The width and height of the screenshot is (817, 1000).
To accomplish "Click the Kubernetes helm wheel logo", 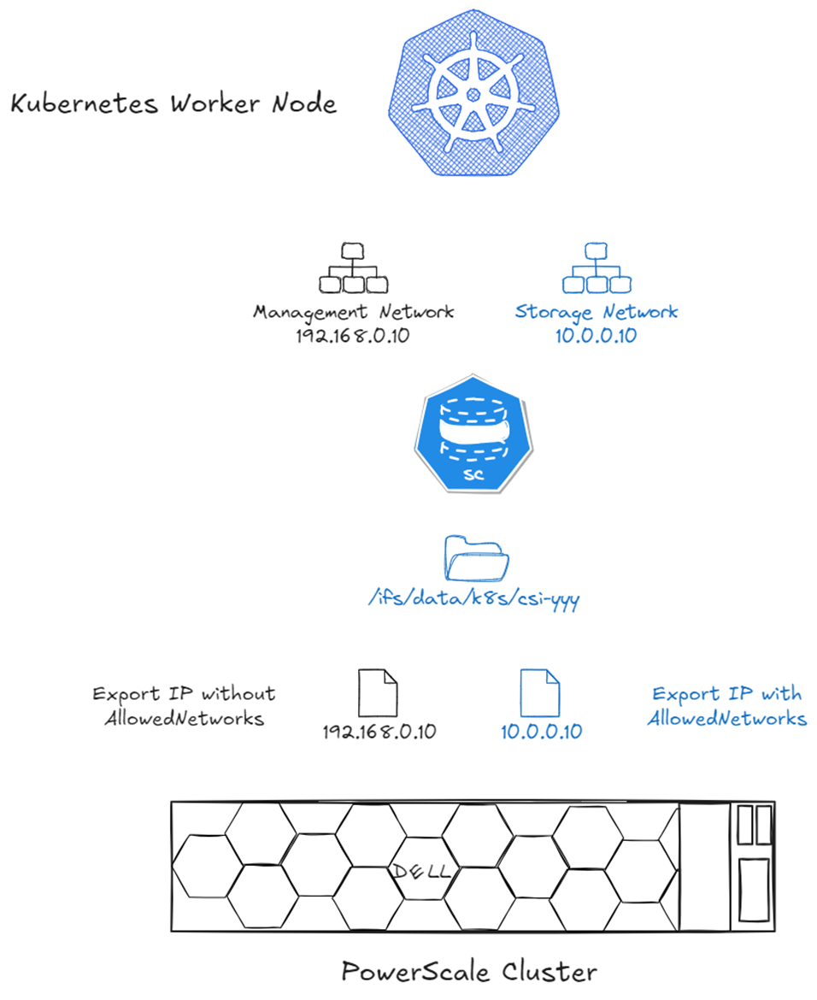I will (473, 93).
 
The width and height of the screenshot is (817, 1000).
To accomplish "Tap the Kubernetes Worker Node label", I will (173, 105).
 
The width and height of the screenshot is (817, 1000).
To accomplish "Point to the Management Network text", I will (353, 312).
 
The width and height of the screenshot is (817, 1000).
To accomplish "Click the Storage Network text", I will (596, 312).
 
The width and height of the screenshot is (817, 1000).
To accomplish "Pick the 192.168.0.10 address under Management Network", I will (353, 336).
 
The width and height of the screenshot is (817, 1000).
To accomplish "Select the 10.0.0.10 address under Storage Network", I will (596, 336).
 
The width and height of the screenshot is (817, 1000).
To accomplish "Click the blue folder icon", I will (476, 561).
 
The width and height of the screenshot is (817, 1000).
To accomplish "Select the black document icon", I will (379, 692).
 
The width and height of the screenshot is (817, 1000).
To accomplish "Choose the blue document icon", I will (540, 692).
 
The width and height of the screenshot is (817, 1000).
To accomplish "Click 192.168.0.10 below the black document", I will (379, 732).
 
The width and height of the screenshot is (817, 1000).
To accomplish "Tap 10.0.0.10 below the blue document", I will (541, 732).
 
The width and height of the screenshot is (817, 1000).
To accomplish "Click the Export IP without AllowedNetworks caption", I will (184, 706).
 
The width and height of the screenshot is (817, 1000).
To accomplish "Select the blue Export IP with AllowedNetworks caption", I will (726, 706).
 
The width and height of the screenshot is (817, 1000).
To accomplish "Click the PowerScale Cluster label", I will (468, 972).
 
